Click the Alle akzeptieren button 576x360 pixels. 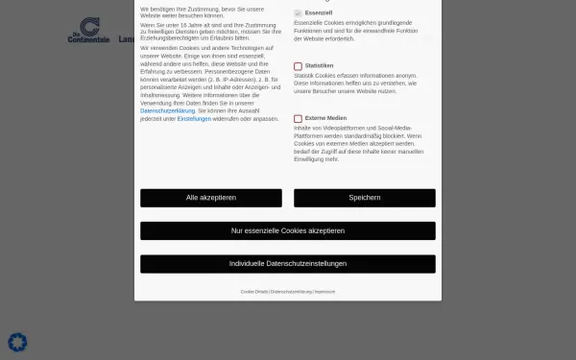tap(211, 198)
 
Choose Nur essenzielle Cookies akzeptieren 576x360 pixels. tap(288, 230)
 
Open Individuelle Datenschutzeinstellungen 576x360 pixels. tap(288, 263)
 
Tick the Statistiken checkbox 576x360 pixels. tap(298, 66)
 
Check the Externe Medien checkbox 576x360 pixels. tap(298, 118)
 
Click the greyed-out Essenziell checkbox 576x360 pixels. tap(298, 13)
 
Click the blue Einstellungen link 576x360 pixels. tap(194, 118)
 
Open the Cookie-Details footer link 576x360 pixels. tap(254, 291)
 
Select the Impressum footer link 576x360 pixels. tap(324, 291)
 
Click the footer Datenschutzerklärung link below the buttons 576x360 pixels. tap(291, 291)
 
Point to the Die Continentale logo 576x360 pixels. tap(89, 30)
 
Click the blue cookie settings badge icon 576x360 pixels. tap(17, 342)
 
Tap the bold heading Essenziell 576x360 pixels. tap(318, 13)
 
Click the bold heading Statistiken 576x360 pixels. tap(319, 66)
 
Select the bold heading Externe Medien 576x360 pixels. tap(325, 118)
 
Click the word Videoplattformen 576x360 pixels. tap(338, 127)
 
